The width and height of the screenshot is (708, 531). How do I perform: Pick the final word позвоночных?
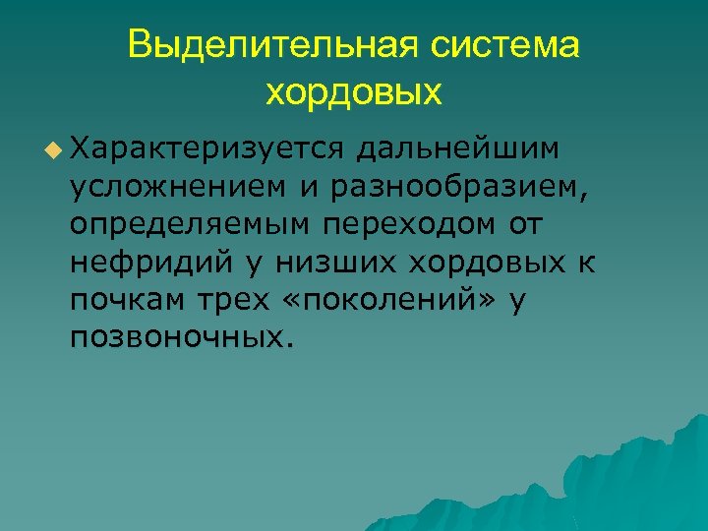click(181, 337)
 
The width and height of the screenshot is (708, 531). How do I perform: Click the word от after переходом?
click(525, 223)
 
